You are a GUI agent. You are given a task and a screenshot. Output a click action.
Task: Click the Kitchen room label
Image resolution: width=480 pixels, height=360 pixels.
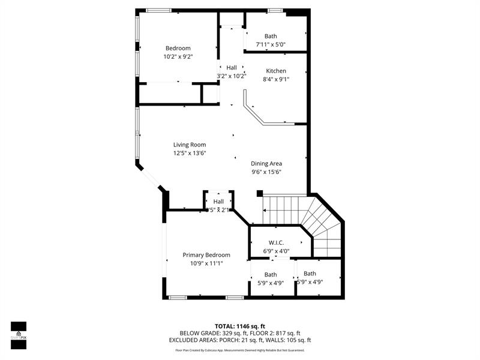coord(276,71)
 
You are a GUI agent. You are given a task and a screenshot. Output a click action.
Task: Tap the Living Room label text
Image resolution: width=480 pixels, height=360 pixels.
coord(190,145)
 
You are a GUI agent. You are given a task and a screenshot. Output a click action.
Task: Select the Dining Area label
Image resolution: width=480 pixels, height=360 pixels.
coord(266,163)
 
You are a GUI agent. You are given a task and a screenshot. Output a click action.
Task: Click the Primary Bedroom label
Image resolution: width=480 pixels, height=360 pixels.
coord(206,255)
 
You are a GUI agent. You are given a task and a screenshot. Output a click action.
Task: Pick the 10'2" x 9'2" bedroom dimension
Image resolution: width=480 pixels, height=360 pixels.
coord(178,56)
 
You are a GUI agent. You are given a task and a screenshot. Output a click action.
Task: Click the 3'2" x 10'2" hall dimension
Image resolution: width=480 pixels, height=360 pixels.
coord(232,76)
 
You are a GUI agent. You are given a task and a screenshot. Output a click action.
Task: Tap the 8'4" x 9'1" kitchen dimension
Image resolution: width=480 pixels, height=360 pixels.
coord(276,79)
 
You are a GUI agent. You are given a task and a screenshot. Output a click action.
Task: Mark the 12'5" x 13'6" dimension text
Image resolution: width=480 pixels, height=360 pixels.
coord(190,153)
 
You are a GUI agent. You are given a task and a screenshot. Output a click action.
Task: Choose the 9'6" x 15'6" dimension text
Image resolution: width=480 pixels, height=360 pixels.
coord(266,172)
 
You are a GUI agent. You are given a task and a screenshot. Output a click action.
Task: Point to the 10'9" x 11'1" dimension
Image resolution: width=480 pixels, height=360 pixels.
coord(206,263)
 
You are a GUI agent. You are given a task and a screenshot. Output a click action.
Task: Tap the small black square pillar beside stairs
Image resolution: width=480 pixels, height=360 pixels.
coord(260,194)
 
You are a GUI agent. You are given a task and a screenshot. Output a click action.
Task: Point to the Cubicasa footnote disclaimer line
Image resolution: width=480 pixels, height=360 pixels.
coord(239,350)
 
